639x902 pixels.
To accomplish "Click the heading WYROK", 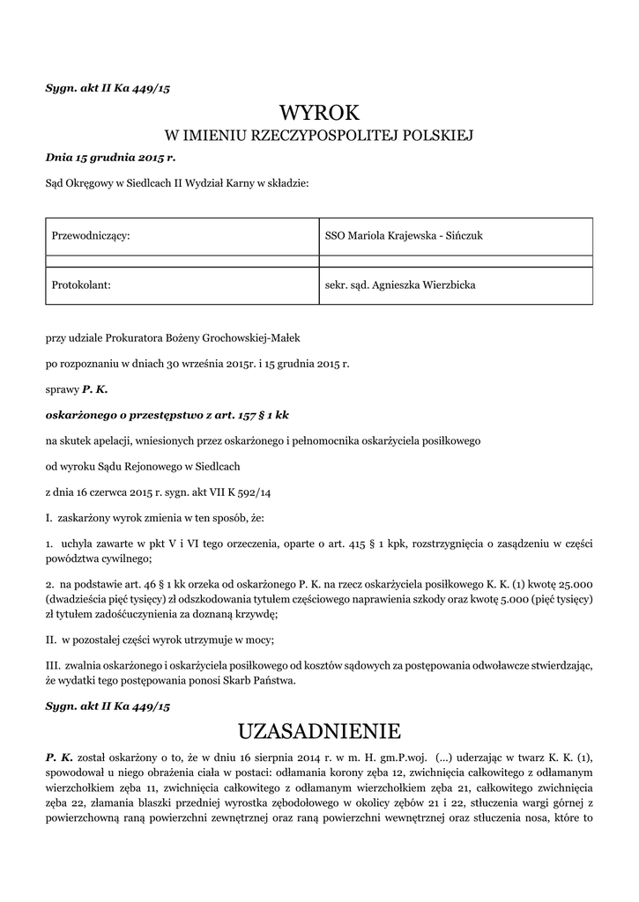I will click(x=319, y=112).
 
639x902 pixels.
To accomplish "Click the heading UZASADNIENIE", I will click(x=319, y=731).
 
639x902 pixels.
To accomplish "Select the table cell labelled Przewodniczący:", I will click(x=93, y=236).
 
